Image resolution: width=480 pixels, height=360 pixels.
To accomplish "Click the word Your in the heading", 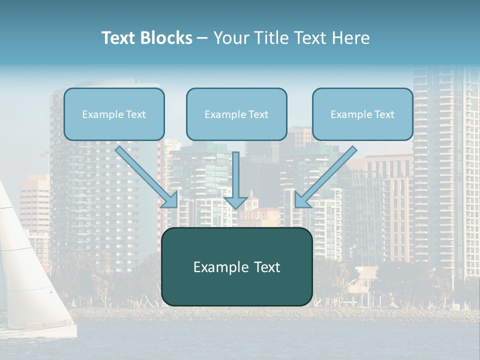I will tap(232, 38).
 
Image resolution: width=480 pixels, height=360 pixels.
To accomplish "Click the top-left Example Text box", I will tap(114, 114).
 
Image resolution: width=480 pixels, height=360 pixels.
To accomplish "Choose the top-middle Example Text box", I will tap(236, 114).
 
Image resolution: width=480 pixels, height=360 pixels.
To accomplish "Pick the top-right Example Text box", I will tap(362, 114).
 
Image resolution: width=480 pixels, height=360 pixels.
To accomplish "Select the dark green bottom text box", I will tap(236, 267).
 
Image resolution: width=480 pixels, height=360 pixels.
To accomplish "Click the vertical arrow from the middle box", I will tap(236, 180).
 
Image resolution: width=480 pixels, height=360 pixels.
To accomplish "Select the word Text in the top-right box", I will tap(384, 114).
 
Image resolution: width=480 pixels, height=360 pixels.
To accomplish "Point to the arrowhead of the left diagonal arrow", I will tap(170, 199).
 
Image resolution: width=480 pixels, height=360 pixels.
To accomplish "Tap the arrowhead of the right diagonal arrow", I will tap(302, 199).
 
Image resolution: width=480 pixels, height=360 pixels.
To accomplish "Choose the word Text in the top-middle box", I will tap(258, 114).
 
